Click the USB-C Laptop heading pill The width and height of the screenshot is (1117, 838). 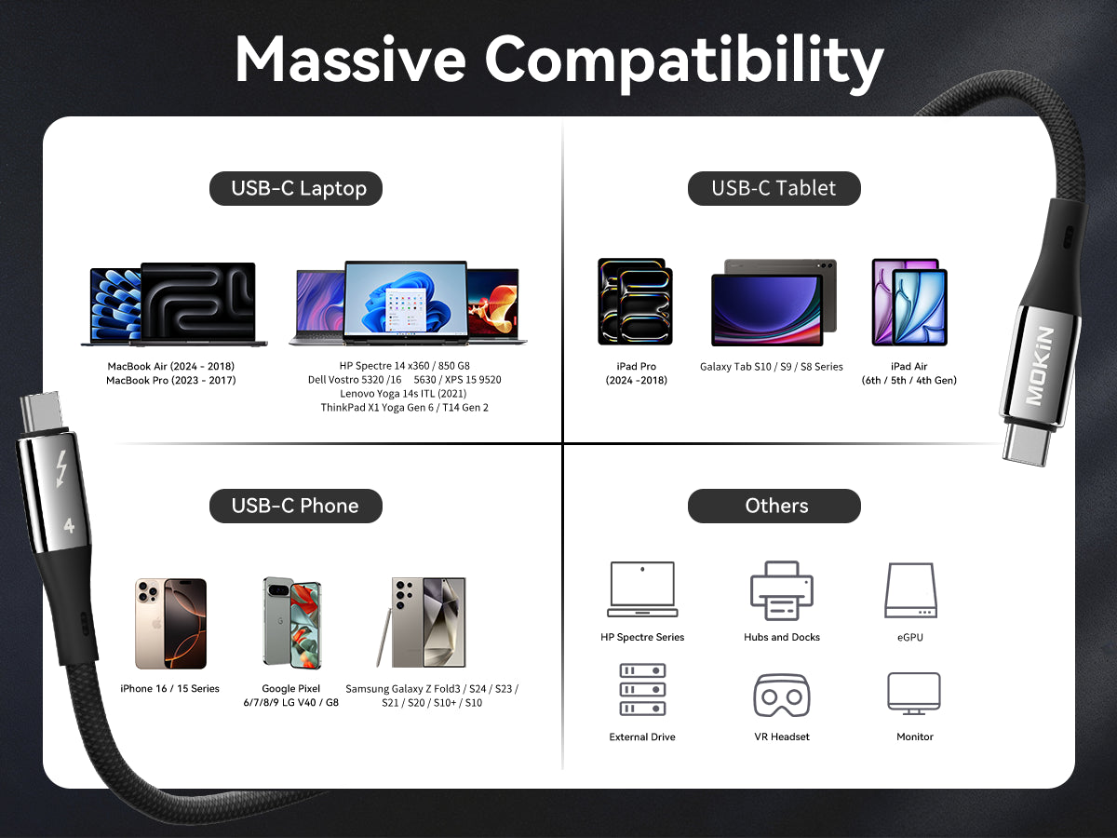pos(296,188)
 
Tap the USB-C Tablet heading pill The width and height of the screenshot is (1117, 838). pos(774,188)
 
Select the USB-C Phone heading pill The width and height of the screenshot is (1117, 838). pos(296,506)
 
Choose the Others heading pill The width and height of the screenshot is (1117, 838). pos(774,506)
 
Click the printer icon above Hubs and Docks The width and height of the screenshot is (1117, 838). pos(782,590)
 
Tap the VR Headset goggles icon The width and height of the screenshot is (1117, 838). pos(782,695)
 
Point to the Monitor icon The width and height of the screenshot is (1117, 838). pos(914,693)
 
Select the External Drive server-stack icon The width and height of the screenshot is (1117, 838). pos(642,689)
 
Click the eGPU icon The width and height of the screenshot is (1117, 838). pos(910,590)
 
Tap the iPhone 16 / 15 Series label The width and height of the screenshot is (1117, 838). pos(169,688)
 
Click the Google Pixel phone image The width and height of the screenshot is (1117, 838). pos(292,623)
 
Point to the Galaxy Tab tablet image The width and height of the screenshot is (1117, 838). pos(774,303)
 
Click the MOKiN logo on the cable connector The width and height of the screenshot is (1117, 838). pos(1039,366)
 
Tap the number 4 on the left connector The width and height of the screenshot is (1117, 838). pos(69,525)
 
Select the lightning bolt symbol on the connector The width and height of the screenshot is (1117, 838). pos(61,469)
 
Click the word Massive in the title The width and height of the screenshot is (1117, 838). pos(350,60)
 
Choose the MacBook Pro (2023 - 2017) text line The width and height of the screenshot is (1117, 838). pos(171,380)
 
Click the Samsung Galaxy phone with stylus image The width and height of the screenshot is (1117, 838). pos(422,622)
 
